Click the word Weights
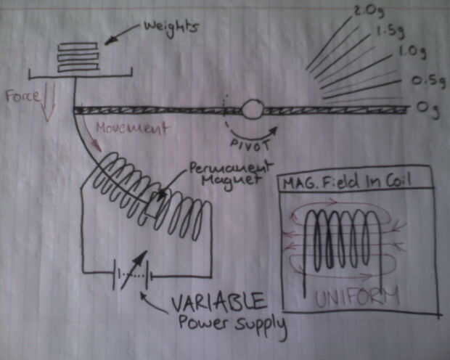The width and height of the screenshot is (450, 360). [x=171, y=28]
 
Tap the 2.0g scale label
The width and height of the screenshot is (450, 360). [x=369, y=12]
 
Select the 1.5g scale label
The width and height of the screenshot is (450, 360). [x=390, y=30]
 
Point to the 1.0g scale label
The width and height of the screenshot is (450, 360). [x=412, y=52]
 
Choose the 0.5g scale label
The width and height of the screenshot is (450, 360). [x=429, y=81]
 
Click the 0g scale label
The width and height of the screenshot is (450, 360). [x=428, y=109]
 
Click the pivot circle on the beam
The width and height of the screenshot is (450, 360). [x=253, y=109]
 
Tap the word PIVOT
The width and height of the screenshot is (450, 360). [x=250, y=145]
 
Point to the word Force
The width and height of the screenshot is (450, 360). [x=23, y=96]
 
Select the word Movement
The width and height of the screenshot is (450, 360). [x=131, y=128]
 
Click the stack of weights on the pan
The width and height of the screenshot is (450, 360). [x=78, y=57]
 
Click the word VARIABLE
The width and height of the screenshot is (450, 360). [x=219, y=302]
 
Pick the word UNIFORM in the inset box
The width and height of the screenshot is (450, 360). [x=357, y=297]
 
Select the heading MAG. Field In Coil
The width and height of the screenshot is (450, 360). [x=347, y=181]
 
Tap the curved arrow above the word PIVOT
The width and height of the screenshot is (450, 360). [x=253, y=135]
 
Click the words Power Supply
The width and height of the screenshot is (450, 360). [x=232, y=324]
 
